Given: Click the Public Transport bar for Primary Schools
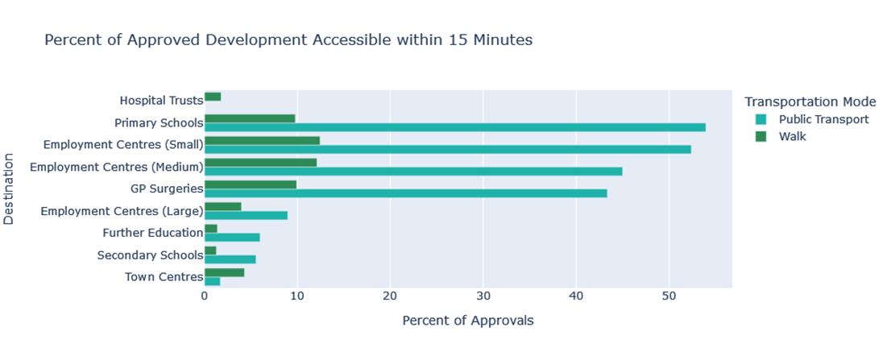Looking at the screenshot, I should tap(455, 127).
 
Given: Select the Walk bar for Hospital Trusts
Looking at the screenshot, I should tap(213, 97).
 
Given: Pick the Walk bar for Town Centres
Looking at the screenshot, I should tap(224, 272).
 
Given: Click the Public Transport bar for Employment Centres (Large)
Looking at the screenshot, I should tap(246, 215).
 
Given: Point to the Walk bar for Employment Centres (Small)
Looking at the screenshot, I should tap(262, 140).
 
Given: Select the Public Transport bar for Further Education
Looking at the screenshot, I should tap(232, 237).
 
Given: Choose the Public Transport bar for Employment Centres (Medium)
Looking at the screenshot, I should tap(413, 171).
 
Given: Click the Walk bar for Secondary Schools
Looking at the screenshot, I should tap(210, 250).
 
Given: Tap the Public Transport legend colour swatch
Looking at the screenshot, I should tap(760, 119).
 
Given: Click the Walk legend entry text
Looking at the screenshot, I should tap(792, 137).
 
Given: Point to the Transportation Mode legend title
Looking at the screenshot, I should tap(810, 101).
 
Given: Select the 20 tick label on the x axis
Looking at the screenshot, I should tap(390, 297).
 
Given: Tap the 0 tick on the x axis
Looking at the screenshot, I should tap(205, 297).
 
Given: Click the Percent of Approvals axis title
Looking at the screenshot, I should tap(467, 321).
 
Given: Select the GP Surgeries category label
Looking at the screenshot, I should tap(166, 189).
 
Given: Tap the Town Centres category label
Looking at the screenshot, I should tap(164, 277).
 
